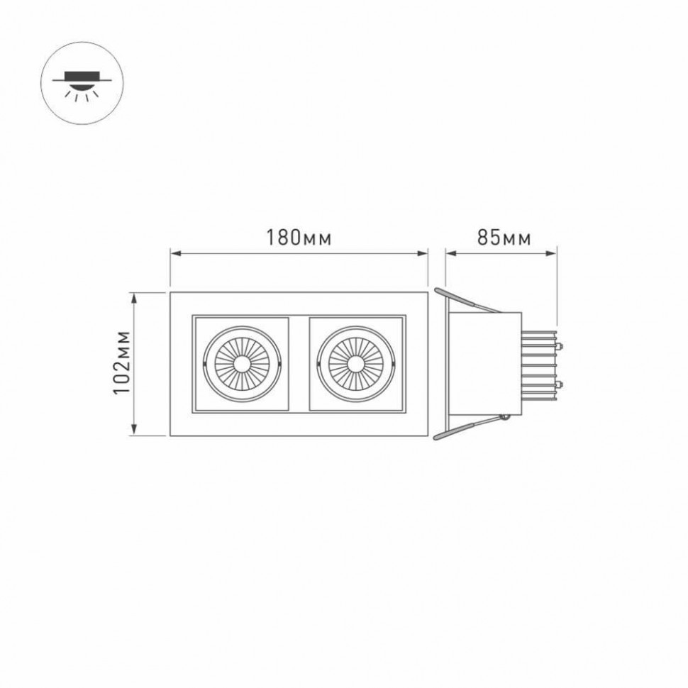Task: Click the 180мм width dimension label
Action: coord(298,238)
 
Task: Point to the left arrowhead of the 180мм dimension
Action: coord(174,251)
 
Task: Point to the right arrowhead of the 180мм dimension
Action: coord(425,251)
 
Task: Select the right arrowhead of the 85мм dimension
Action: coord(553,251)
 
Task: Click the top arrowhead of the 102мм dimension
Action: coord(134,296)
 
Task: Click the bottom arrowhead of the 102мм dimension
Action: coord(134,431)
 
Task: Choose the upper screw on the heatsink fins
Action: coord(560,347)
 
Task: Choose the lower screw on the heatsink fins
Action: coord(560,384)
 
